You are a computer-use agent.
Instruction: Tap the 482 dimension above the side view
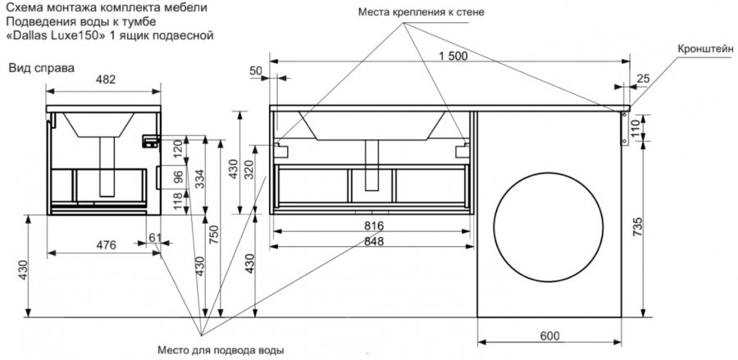coord(105,80)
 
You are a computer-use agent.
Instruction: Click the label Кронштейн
coord(704,48)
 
